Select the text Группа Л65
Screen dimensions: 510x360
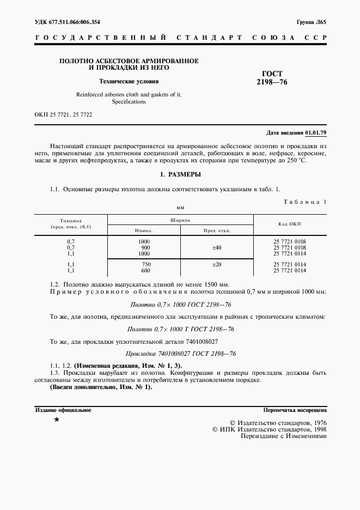coord(312,22)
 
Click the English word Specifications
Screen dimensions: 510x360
coord(129,101)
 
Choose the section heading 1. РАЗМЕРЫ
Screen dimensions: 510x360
coord(180,174)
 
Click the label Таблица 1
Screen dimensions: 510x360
coord(305,202)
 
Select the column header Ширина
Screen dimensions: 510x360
coord(180,220)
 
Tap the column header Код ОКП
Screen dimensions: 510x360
coord(290,224)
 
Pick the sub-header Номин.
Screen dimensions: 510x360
coord(143,230)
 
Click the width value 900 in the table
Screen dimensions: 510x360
coord(144,247)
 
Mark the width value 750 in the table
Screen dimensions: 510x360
coord(144,264)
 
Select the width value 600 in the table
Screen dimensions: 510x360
coord(144,270)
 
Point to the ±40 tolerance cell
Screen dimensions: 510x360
coord(217,247)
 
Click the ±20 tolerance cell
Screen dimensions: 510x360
coord(217,264)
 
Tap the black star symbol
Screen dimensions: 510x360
coord(56,420)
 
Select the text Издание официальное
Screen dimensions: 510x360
coord(63,410)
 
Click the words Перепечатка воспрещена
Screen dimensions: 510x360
coord(294,410)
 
